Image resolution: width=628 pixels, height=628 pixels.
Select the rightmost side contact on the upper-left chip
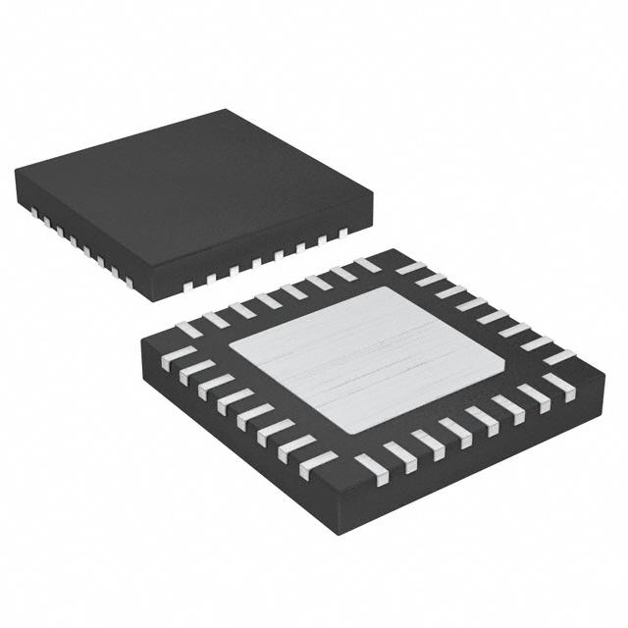click(x=342, y=234)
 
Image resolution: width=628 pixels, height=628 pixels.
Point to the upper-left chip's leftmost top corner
click(x=16, y=173)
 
